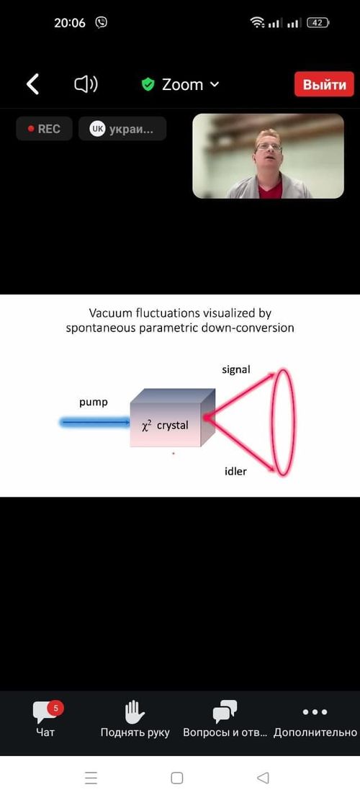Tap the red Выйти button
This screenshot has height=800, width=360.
[x=324, y=84]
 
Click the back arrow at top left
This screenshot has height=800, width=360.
[x=32, y=84]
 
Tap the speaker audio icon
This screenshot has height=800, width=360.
[x=86, y=84]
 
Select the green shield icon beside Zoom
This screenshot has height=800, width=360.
[x=148, y=84]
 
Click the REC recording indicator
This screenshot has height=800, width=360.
[x=44, y=129]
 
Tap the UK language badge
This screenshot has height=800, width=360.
[x=97, y=129]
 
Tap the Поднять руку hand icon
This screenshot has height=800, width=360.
[x=135, y=711]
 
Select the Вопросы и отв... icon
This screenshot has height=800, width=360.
[x=225, y=711]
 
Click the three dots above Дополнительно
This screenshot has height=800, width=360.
[x=315, y=711]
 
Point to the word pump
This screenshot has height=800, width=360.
[x=94, y=403]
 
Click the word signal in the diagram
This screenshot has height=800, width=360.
[x=236, y=369]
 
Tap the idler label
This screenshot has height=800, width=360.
[x=235, y=471]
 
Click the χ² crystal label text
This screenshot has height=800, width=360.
[x=165, y=425]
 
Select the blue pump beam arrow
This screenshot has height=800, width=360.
[x=95, y=422]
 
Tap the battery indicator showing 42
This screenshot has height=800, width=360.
[x=318, y=22]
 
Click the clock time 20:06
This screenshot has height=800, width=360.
[x=70, y=22]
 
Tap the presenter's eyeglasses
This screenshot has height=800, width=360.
[x=269, y=147]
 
